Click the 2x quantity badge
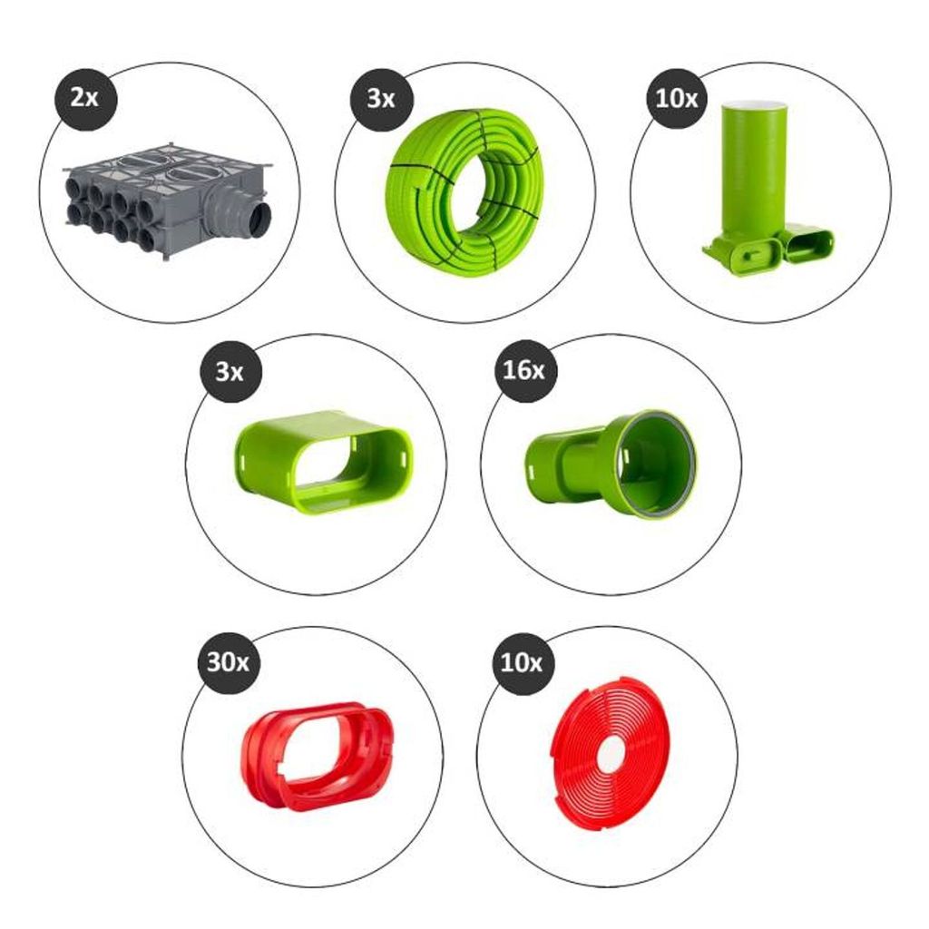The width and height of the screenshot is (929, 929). coord(85,98)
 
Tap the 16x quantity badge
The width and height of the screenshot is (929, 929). coord(524,371)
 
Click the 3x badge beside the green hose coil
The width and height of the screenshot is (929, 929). coord(381,98)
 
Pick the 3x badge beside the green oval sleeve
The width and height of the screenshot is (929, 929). coord(230,372)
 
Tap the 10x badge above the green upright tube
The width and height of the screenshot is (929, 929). coord(677,98)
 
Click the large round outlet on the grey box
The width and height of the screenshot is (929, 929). coord(260,220)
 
